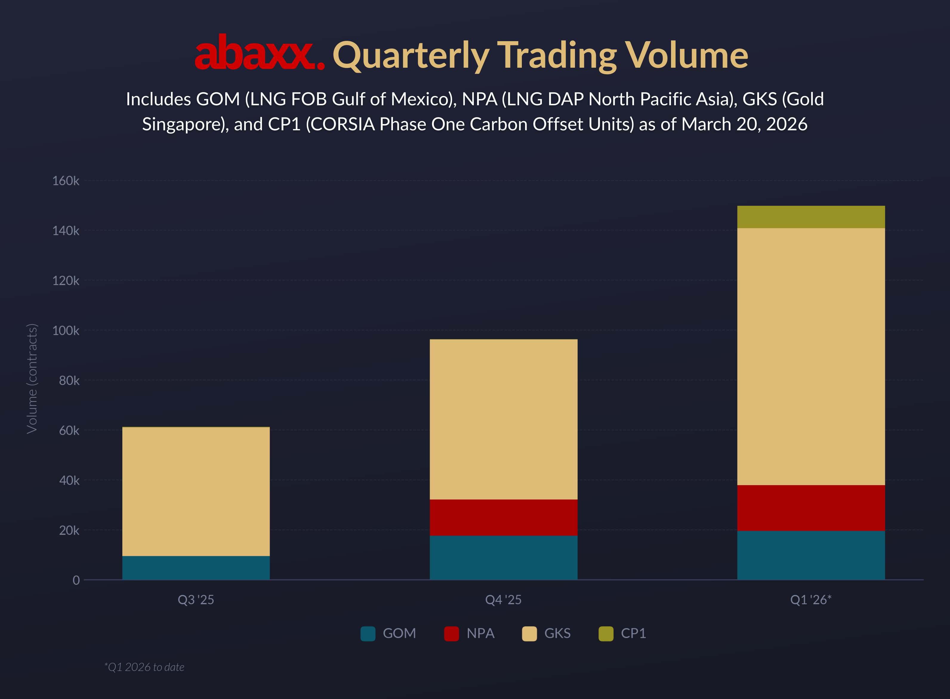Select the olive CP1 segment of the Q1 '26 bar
pos(811,217)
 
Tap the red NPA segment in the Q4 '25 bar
pos(503,517)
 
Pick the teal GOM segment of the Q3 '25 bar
pos(196,567)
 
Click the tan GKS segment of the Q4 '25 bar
pos(503,419)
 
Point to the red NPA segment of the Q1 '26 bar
pos(811,508)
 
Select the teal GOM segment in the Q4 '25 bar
pos(503,557)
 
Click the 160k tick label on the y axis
pos(66,181)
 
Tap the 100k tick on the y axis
pos(66,330)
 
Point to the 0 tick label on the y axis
pos(76,580)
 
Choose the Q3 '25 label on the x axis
pos(196,600)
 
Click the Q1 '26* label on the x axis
pos(811,600)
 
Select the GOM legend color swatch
pos(368,633)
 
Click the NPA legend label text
pos(480,633)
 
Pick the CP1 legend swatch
pos(606,633)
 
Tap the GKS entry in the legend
pos(557,633)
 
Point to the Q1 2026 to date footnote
pos(144,667)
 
